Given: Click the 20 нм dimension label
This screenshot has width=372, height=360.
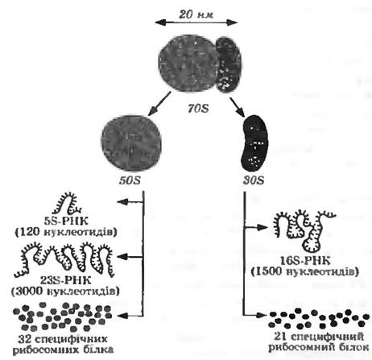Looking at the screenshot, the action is (x=196, y=14).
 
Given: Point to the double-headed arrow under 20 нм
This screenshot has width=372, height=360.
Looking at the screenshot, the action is (x=196, y=23).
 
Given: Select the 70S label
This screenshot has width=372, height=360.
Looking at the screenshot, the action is (x=198, y=109).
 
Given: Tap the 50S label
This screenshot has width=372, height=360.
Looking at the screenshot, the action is (x=130, y=180).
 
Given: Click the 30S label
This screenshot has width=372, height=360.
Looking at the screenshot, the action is (x=254, y=180).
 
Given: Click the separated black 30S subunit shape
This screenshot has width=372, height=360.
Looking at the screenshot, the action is (x=254, y=143).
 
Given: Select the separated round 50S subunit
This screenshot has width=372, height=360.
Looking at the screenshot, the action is (x=131, y=143).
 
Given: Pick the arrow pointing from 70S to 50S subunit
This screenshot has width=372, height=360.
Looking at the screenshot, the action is (x=159, y=103).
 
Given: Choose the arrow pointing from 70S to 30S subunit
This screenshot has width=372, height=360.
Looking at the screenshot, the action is (x=238, y=106).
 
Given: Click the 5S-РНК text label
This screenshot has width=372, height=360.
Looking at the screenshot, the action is (x=66, y=221).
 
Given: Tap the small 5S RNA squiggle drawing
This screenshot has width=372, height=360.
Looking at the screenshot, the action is (x=67, y=203).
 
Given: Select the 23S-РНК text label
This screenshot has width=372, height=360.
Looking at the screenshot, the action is (x=66, y=280).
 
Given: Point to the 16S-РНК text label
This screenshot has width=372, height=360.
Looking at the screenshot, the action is (x=305, y=261).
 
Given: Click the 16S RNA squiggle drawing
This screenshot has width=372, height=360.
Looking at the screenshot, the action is (x=304, y=230).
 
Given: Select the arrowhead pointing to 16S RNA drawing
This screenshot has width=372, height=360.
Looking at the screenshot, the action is (x=262, y=228).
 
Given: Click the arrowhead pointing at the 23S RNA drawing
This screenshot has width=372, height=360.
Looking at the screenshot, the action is (x=122, y=257).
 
